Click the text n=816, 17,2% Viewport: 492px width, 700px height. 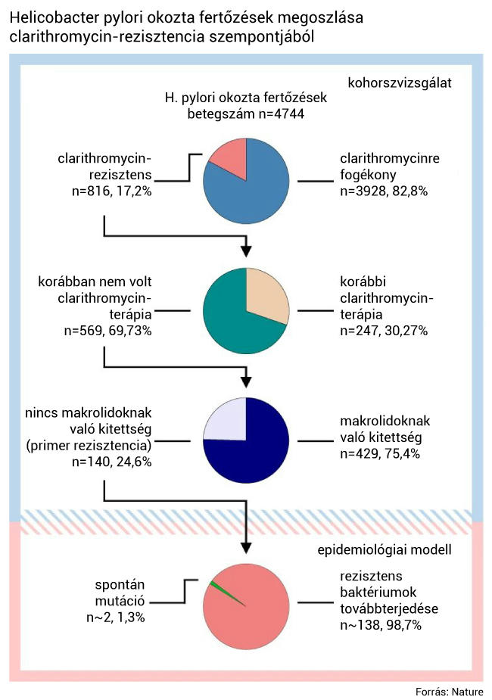point(111,191)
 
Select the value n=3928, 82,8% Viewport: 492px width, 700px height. point(384,191)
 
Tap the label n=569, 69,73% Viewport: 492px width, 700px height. point(108,331)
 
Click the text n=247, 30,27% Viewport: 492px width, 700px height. point(384,331)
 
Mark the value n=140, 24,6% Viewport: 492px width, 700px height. point(111,462)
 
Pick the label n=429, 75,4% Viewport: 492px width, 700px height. point(380,453)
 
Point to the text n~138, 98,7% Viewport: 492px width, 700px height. point(381,625)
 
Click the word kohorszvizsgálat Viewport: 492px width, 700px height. point(400,83)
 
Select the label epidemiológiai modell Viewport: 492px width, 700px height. point(385,549)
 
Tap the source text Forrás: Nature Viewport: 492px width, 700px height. point(449,692)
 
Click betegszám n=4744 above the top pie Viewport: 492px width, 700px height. point(245,114)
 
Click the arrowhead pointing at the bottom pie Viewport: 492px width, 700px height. point(246,548)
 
